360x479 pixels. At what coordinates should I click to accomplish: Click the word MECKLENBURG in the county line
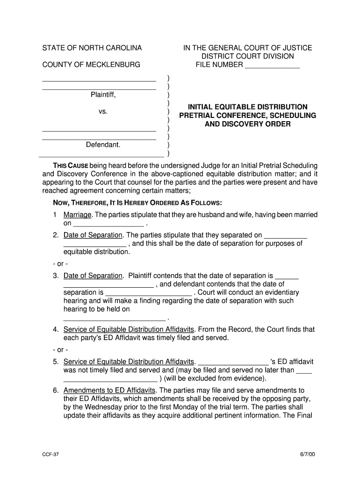click(x=113, y=65)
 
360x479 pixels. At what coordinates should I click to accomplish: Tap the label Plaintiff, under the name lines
click(x=103, y=94)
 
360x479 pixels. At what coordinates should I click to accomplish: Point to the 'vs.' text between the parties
click(x=103, y=111)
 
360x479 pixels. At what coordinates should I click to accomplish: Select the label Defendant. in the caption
click(x=103, y=145)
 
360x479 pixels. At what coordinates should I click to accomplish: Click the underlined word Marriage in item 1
click(x=78, y=215)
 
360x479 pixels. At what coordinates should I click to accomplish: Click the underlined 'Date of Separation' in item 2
click(x=93, y=235)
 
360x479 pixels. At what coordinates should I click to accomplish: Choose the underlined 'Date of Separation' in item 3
click(x=93, y=276)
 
